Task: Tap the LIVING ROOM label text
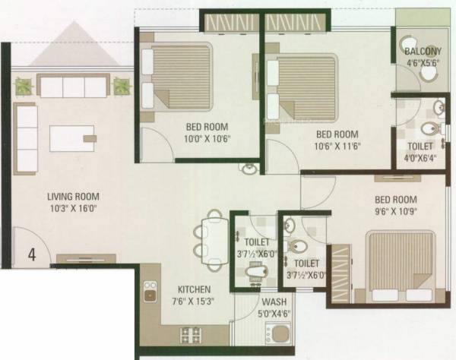(x=72, y=197)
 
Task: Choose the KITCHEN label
(x=195, y=289)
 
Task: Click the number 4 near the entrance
(x=32, y=255)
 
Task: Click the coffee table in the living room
(x=72, y=138)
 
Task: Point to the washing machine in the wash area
(x=277, y=333)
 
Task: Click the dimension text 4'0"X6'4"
(x=420, y=158)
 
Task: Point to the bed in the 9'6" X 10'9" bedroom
(x=399, y=268)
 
